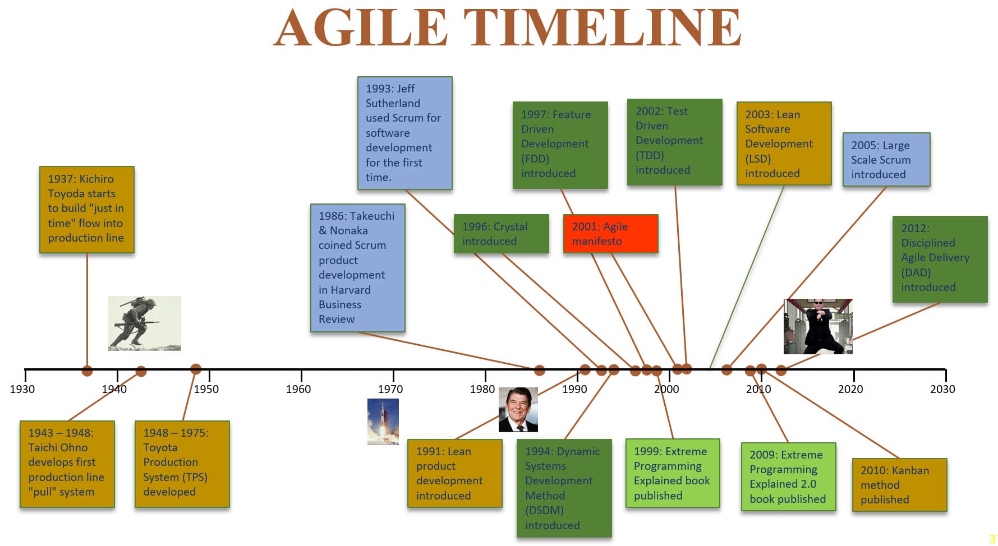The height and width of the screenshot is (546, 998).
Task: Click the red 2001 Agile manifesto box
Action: click(x=610, y=234)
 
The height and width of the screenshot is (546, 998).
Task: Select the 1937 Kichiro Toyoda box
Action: click(x=87, y=210)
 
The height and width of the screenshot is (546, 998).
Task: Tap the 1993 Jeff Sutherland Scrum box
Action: click(x=404, y=133)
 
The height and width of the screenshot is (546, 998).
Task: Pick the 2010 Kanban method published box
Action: click(x=899, y=485)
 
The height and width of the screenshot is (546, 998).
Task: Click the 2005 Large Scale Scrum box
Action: click(x=886, y=160)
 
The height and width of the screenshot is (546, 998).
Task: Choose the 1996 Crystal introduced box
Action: click(x=501, y=234)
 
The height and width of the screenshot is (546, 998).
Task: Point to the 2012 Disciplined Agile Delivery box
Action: click(x=940, y=259)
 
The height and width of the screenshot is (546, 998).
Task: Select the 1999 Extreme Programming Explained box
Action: click(x=673, y=473)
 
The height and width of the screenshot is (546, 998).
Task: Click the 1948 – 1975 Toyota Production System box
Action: click(x=182, y=464)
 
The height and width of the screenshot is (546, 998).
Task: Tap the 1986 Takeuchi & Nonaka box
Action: click(x=357, y=268)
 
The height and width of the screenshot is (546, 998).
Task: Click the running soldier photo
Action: click(x=145, y=323)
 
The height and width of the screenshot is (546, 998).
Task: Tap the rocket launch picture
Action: click(x=383, y=422)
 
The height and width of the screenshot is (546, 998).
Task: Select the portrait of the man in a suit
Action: click(x=518, y=410)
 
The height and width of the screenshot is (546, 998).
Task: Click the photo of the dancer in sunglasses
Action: click(x=818, y=326)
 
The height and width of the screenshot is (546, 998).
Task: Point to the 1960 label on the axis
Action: click(x=298, y=389)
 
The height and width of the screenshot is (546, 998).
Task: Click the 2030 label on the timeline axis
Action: click(x=942, y=389)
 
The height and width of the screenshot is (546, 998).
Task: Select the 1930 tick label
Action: click(x=22, y=389)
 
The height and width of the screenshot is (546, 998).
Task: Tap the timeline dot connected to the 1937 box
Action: click(x=87, y=371)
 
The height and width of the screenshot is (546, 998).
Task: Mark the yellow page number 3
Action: click(x=992, y=539)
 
